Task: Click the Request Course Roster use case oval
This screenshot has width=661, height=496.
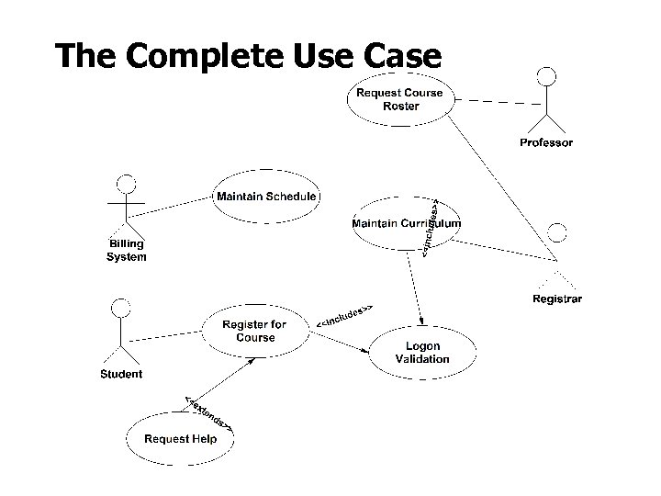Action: [400, 99]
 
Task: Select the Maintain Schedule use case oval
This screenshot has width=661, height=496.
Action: [266, 196]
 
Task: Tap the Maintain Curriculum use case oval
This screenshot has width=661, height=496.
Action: [407, 223]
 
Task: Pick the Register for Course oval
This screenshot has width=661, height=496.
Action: [254, 331]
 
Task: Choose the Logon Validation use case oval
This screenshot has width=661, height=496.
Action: [422, 353]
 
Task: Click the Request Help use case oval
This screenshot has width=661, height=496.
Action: [180, 439]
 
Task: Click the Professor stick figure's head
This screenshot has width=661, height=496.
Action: [547, 76]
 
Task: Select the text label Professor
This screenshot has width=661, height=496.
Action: [546, 142]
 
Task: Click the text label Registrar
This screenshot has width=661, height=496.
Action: [556, 299]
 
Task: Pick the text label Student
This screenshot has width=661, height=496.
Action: [121, 374]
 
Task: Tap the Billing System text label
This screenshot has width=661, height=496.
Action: [126, 251]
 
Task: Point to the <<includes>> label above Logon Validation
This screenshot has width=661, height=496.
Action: [344, 315]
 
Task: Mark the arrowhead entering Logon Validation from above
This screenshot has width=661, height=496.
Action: [420, 321]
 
